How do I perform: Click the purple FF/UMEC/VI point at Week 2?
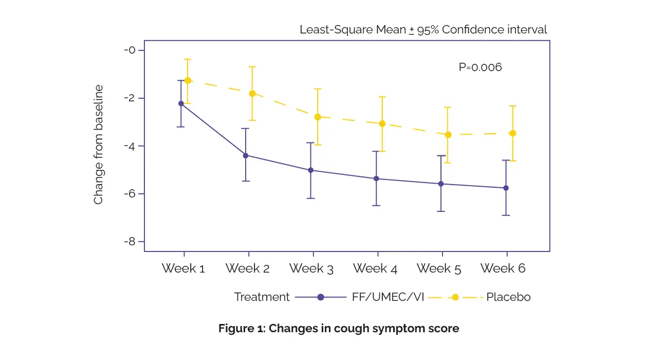pos(246,155)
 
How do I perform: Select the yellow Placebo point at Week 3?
pos(318,117)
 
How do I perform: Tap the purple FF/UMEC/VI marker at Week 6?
pos(506,188)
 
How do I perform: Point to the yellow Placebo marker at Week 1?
pos(188,81)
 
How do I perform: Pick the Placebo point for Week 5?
pos(448,135)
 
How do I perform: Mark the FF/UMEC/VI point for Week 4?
pos(376,178)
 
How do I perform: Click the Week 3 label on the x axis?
pos(311,268)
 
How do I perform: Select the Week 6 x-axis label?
pos(503,268)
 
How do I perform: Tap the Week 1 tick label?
pos(183,268)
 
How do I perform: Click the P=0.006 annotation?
pos(480,67)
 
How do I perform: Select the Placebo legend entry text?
pos(508,297)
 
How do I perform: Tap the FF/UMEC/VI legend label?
pos(388,297)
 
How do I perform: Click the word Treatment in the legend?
pos(262,297)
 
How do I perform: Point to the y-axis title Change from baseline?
pos(99,145)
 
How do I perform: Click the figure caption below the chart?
pos(339,329)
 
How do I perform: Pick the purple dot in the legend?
pos(321,297)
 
